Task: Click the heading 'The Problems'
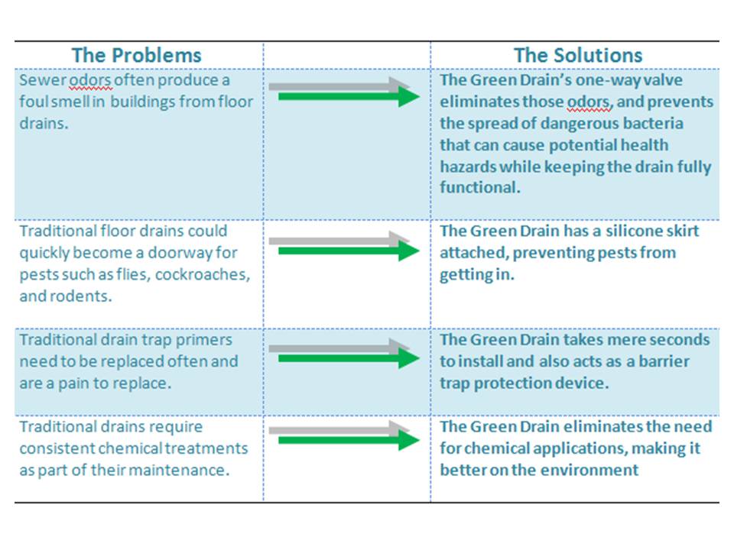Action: (136, 55)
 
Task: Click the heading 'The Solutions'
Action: (578, 55)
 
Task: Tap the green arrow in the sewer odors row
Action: (349, 97)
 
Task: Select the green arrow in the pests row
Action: (349, 251)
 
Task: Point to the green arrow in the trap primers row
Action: (349, 359)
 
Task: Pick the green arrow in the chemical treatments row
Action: (349, 440)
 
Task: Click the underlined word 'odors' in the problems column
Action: (90, 80)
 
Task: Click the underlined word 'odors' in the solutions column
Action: (589, 102)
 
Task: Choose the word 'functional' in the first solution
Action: (480, 187)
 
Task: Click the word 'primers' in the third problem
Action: (203, 340)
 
